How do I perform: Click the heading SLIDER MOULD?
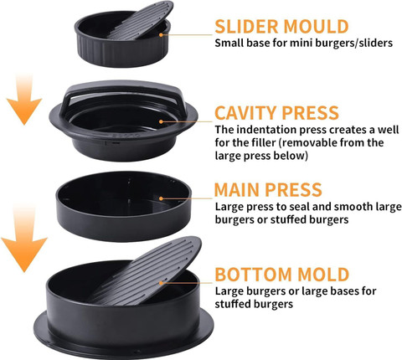click(x=281, y=27)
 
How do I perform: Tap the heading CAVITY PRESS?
click(x=276, y=113)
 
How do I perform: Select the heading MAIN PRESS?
click(x=268, y=190)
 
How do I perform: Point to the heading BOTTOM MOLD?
click(x=282, y=275)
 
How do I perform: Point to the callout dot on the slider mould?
click(x=161, y=34)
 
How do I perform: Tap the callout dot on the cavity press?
click(x=161, y=121)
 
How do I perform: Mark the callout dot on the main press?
click(x=161, y=198)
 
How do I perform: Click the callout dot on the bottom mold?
click(x=161, y=283)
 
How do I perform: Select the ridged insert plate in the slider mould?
click(x=140, y=21)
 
